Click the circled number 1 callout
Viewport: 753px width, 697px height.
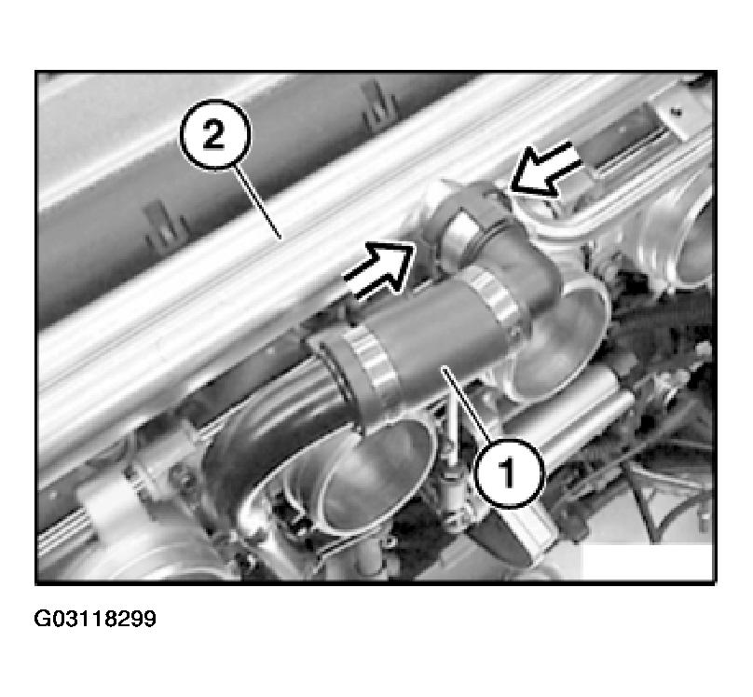coord(509,472)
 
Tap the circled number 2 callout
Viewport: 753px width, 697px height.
coord(215,135)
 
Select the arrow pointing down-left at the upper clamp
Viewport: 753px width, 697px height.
coord(546,169)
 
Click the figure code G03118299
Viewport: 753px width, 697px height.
coord(95,619)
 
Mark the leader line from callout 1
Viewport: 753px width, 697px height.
coord(467,403)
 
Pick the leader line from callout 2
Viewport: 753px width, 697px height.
coord(257,202)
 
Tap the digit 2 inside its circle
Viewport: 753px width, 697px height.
coord(214,136)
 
